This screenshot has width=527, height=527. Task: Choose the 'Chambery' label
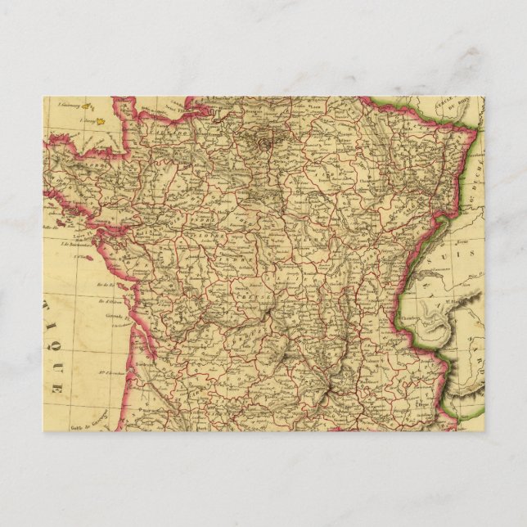406,312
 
